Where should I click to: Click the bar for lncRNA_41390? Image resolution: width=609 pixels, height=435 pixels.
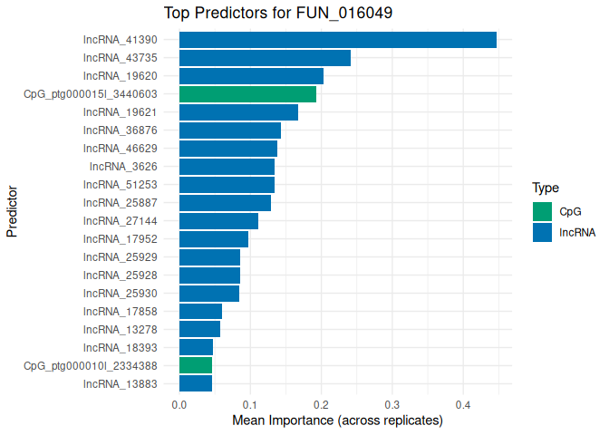(337, 40)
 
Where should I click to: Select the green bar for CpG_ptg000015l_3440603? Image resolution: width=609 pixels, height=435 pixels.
(247, 94)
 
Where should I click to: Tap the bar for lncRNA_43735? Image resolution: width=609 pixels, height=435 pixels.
(265, 58)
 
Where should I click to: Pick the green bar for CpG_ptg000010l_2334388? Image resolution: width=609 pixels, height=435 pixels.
(196, 365)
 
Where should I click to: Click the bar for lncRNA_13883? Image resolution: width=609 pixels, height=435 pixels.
(196, 383)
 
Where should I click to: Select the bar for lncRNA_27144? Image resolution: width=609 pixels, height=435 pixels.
(218, 221)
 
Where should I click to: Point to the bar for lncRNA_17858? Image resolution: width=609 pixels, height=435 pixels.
(200, 311)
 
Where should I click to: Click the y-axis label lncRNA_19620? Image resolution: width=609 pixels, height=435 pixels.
(120, 76)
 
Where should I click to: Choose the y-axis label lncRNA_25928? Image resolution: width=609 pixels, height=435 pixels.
(120, 275)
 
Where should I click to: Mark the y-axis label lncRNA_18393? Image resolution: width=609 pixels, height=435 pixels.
(120, 347)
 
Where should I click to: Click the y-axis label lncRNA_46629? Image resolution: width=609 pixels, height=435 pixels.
(120, 149)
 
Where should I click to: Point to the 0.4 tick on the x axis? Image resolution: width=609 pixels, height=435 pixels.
(462, 404)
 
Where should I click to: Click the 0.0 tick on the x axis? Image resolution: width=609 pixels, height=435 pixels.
(179, 404)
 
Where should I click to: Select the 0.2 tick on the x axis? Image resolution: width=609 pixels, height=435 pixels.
(321, 404)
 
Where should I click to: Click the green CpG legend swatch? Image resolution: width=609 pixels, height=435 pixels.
(542, 211)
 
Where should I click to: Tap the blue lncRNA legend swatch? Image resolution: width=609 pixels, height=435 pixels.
(542, 232)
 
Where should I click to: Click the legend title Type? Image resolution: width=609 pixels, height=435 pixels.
(545, 188)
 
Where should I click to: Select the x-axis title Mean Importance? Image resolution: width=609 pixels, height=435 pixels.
(337, 420)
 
